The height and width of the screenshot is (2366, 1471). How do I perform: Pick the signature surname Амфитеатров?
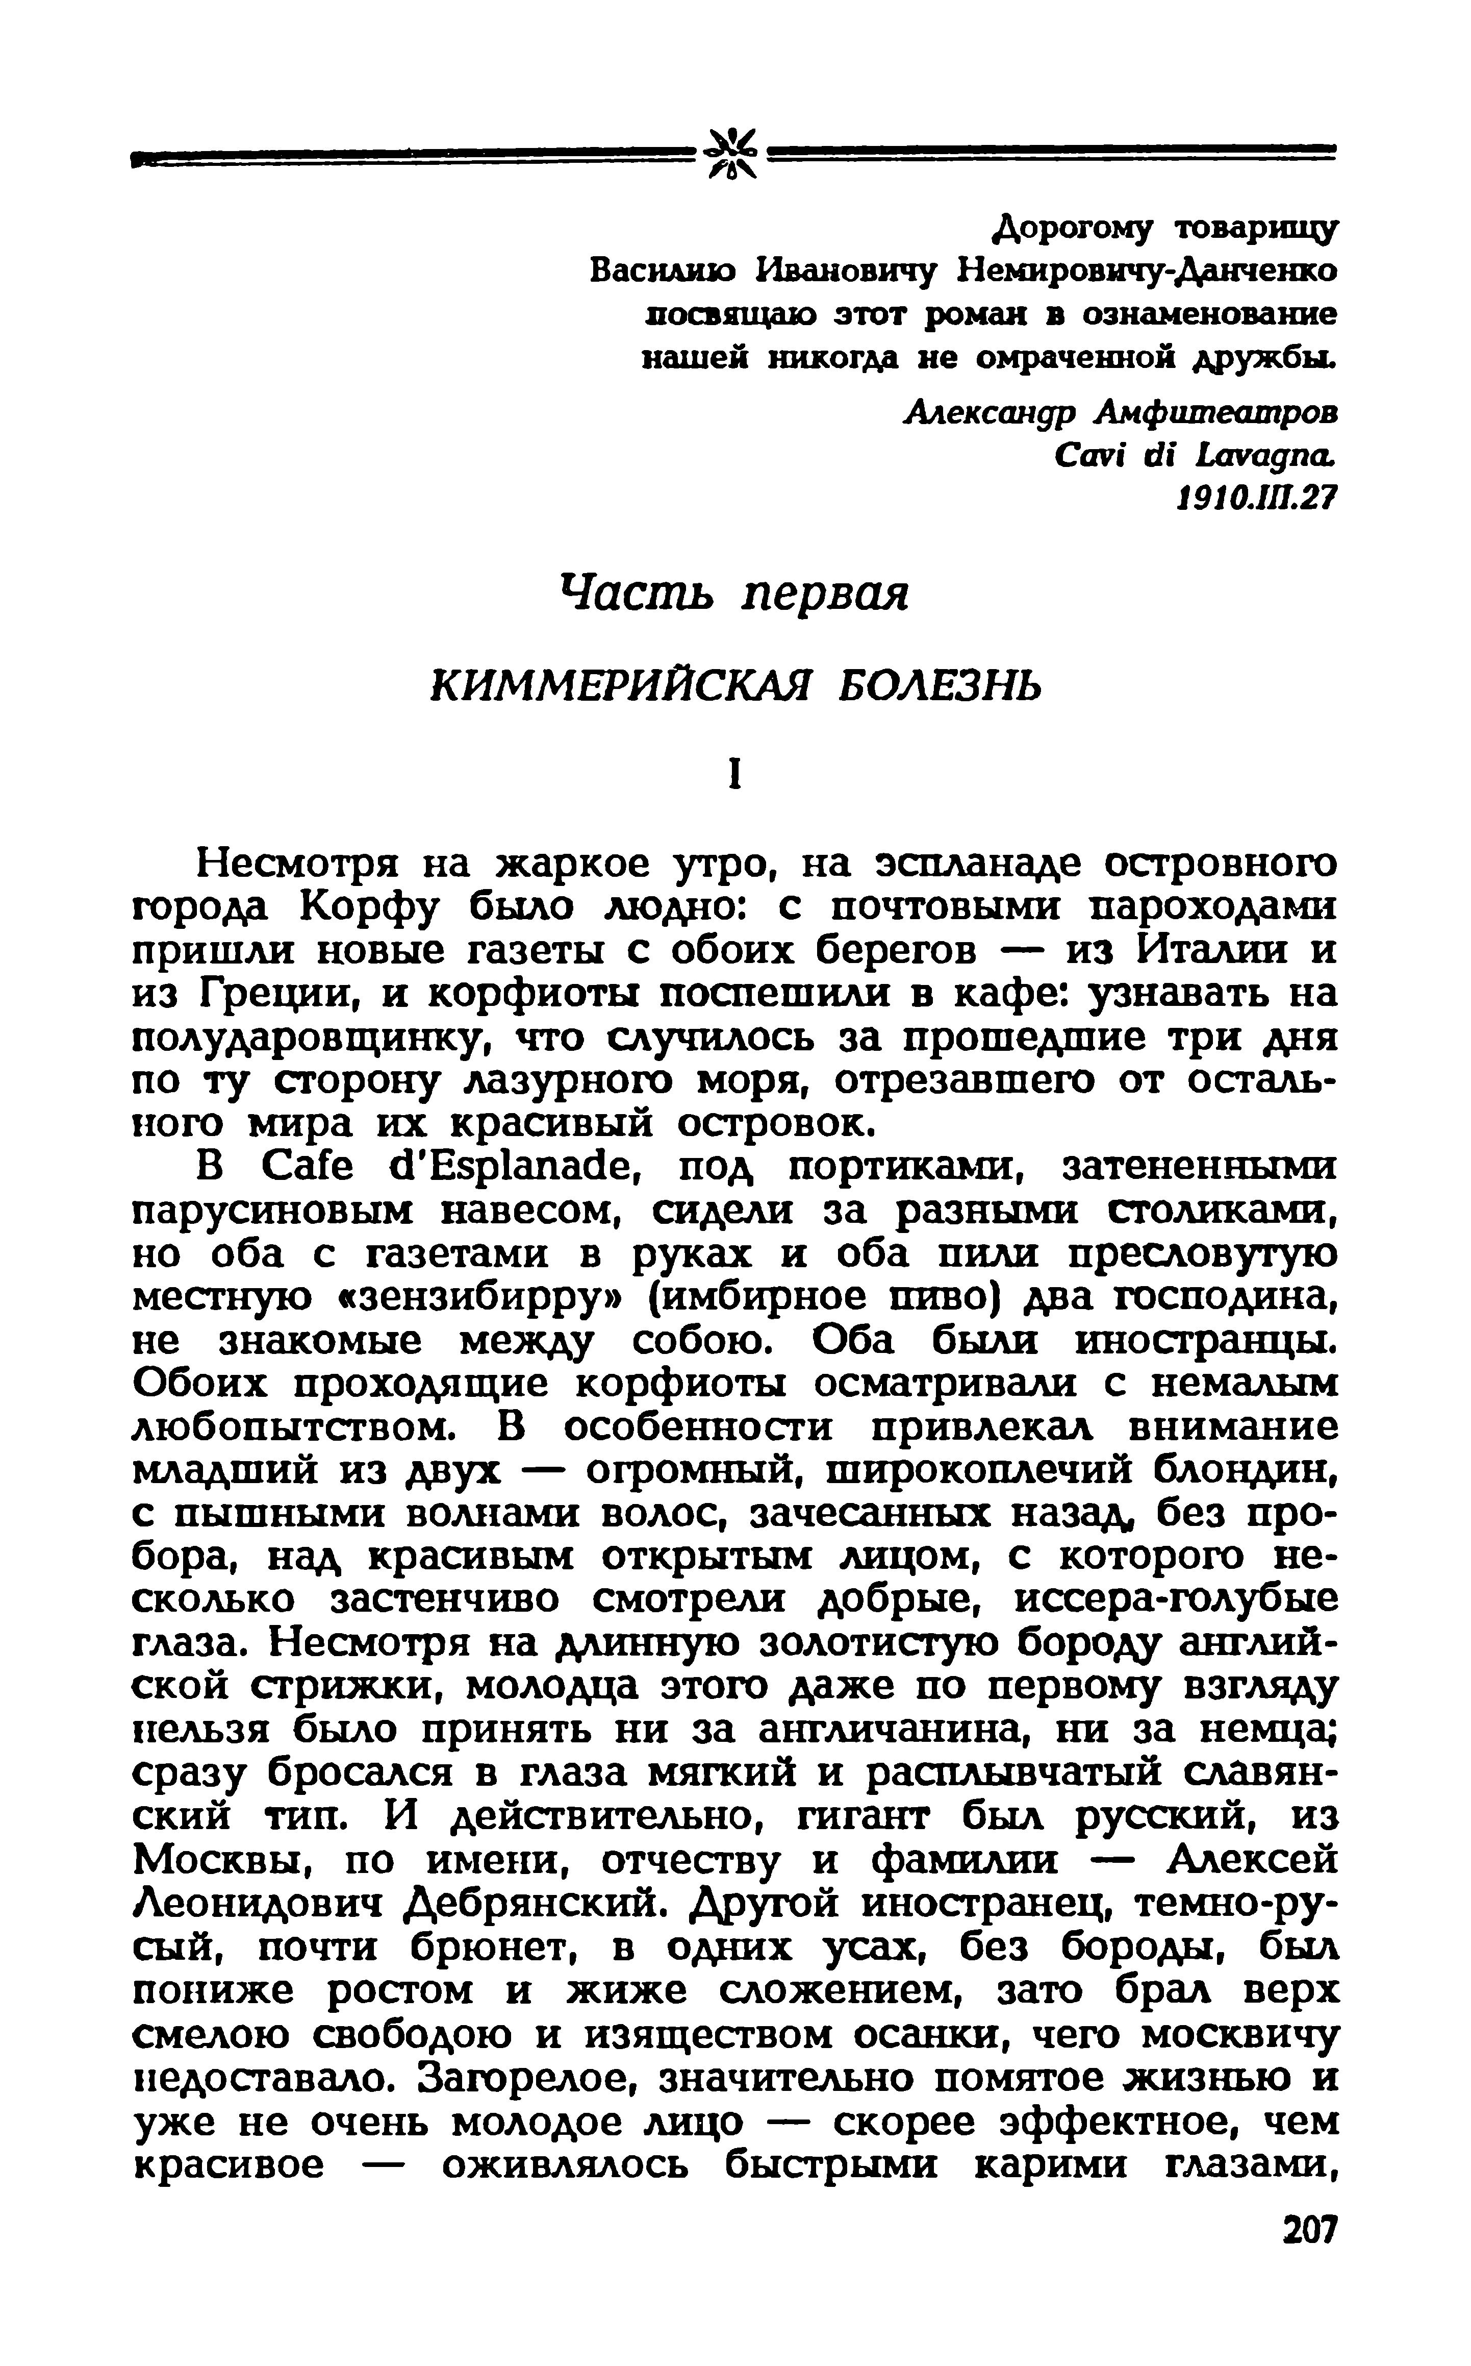[x=1216, y=413]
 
